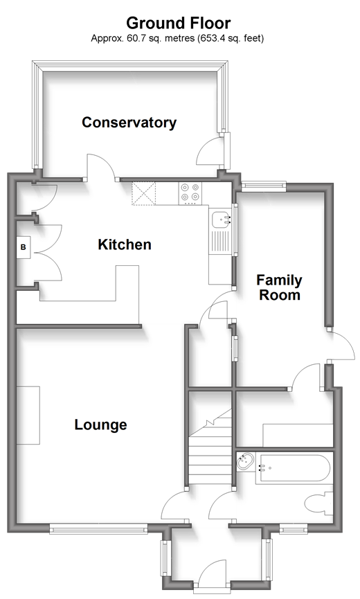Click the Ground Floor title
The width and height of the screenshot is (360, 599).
[x=179, y=24]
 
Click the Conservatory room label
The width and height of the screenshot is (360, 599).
[x=129, y=123]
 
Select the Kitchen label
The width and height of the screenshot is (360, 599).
[x=125, y=244]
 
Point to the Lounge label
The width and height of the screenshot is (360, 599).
[x=101, y=424]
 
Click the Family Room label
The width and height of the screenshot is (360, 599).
[x=279, y=287]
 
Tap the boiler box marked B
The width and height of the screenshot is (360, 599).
[x=24, y=247]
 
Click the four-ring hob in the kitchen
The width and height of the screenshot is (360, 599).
[x=190, y=192]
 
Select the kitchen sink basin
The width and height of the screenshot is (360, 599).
[x=222, y=219]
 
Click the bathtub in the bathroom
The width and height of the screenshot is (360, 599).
[x=292, y=469]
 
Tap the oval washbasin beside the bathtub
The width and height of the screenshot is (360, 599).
[x=245, y=461]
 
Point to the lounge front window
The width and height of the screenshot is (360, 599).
[x=98, y=529]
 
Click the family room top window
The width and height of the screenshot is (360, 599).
[x=264, y=186]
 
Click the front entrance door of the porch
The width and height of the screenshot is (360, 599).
[x=213, y=574]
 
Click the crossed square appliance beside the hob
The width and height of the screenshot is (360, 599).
[x=144, y=194]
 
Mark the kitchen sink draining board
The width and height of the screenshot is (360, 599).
[x=222, y=242]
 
